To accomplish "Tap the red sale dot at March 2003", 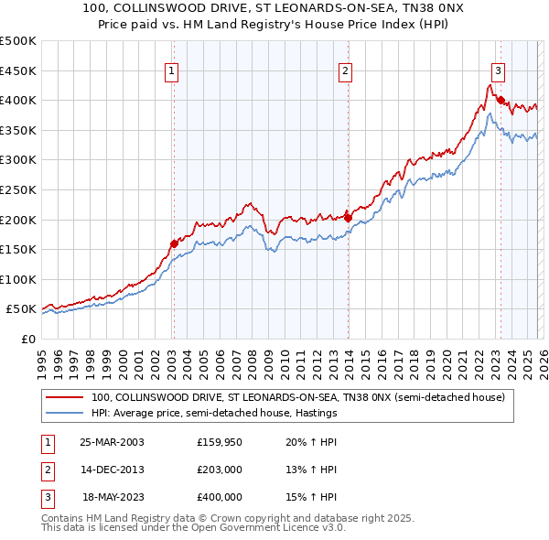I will pyautogui.click(x=174, y=243).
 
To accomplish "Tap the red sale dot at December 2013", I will pyautogui.click(x=348, y=218).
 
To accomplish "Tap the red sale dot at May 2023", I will pyautogui.click(x=501, y=100).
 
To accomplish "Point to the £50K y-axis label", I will pyautogui.click(x=21, y=309).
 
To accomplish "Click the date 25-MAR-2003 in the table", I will pyautogui.click(x=113, y=443).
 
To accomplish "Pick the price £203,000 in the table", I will pyautogui.click(x=219, y=470).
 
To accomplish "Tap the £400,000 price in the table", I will pyautogui.click(x=219, y=497).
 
